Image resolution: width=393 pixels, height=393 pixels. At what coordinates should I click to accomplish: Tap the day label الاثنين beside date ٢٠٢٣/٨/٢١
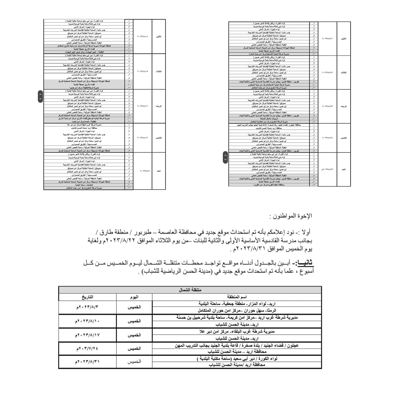pyautogui.click(x=343, y=39)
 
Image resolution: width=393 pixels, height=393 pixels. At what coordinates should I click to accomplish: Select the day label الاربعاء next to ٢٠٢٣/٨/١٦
pyautogui.click(x=158, y=106)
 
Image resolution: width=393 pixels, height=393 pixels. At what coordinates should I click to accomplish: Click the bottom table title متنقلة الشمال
pyautogui.click(x=190, y=290)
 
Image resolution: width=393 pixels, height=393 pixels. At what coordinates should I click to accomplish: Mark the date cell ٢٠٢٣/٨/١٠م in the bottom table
pyautogui.click(x=87, y=321)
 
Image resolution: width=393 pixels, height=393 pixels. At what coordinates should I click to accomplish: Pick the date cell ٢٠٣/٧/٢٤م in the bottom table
pyautogui.click(x=87, y=348)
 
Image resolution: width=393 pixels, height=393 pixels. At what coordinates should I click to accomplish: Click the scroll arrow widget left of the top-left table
pyautogui.click(x=40, y=96)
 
